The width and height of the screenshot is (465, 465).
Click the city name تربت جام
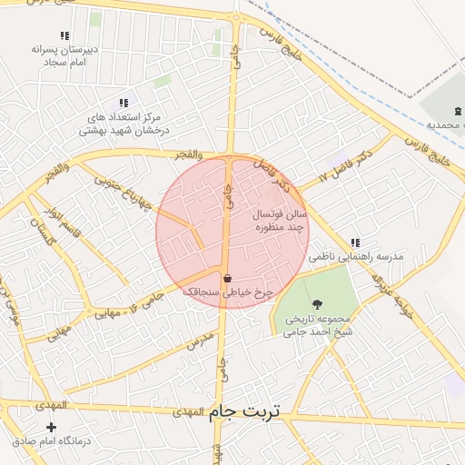pos(245,411)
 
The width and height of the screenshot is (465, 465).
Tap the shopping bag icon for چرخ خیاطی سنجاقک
pos(226,278)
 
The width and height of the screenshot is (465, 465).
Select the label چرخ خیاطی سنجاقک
pos(227,292)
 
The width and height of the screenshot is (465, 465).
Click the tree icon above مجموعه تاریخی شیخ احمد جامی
pos(316,304)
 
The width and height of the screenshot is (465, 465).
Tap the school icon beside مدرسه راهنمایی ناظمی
pos(354,242)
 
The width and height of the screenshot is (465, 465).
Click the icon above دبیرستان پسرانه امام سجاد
pos(64,35)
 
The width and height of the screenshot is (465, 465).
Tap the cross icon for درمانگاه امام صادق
pos(51,427)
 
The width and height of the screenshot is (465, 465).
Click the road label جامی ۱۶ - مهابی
pos(128,304)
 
